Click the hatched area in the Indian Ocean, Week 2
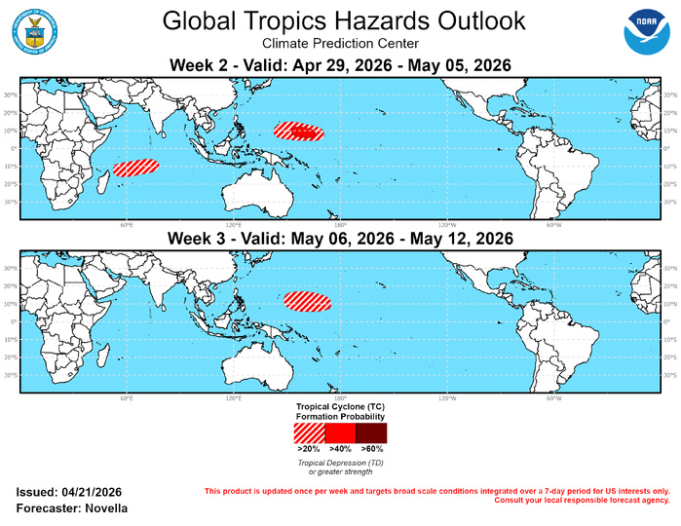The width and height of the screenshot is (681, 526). [135, 167]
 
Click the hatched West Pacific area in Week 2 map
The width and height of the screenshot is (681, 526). [298, 131]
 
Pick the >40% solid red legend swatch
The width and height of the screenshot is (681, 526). [340, 432]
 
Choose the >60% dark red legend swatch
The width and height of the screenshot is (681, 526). [371, 432]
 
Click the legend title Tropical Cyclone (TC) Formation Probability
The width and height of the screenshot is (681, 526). [340, 409]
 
